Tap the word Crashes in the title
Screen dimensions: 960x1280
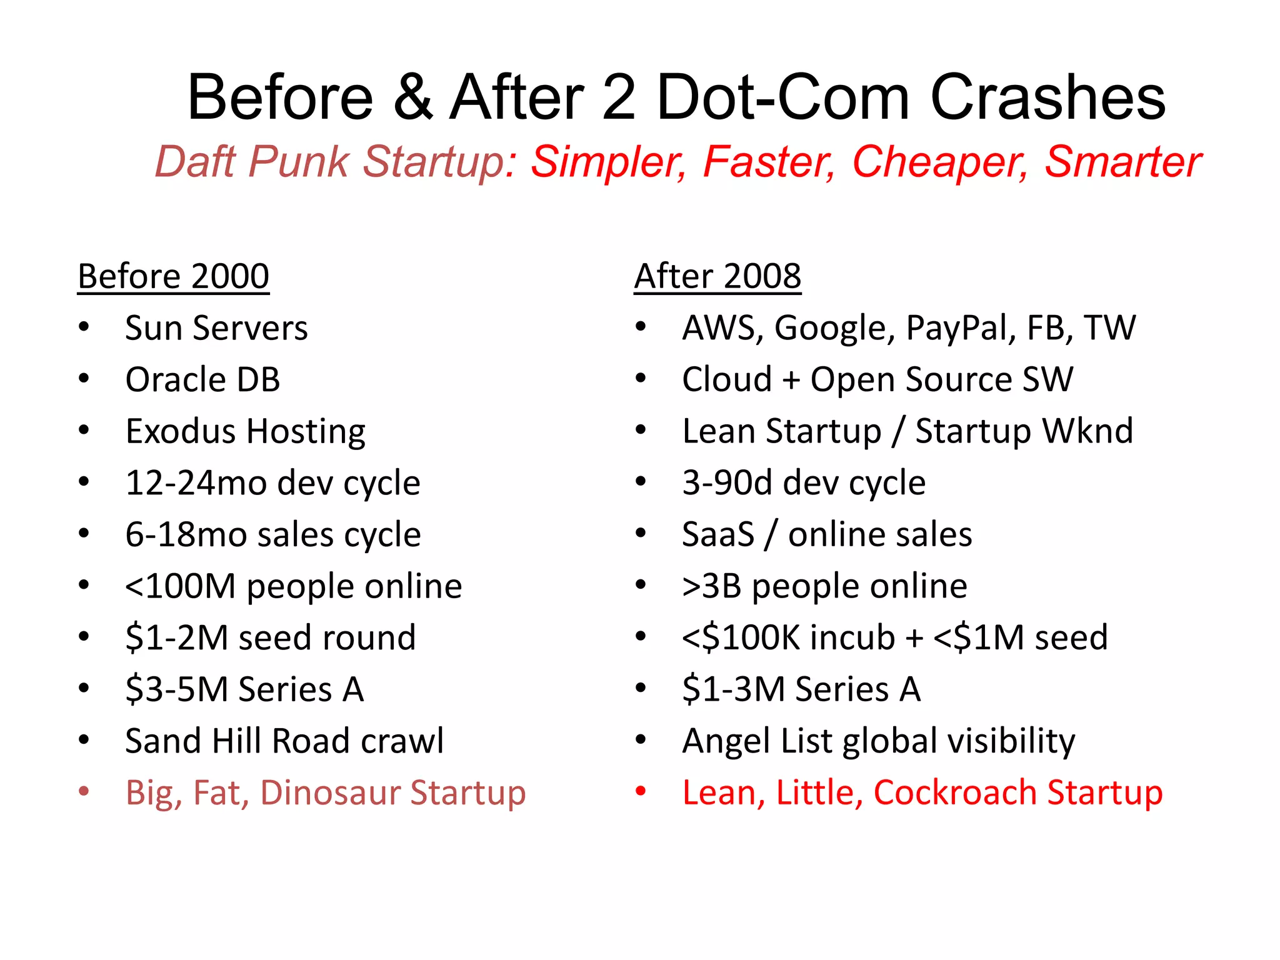tap(1047, 97)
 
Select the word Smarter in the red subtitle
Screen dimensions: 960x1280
tap(1122, 162)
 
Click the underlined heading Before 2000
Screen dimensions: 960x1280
tap(173, 276)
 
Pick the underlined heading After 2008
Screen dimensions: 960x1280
tap(717, 276)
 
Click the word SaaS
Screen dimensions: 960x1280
tap(718, 534)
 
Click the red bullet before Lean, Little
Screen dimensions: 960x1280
tap(641, 792)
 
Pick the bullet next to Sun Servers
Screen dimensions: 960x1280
tap(84, 327)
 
